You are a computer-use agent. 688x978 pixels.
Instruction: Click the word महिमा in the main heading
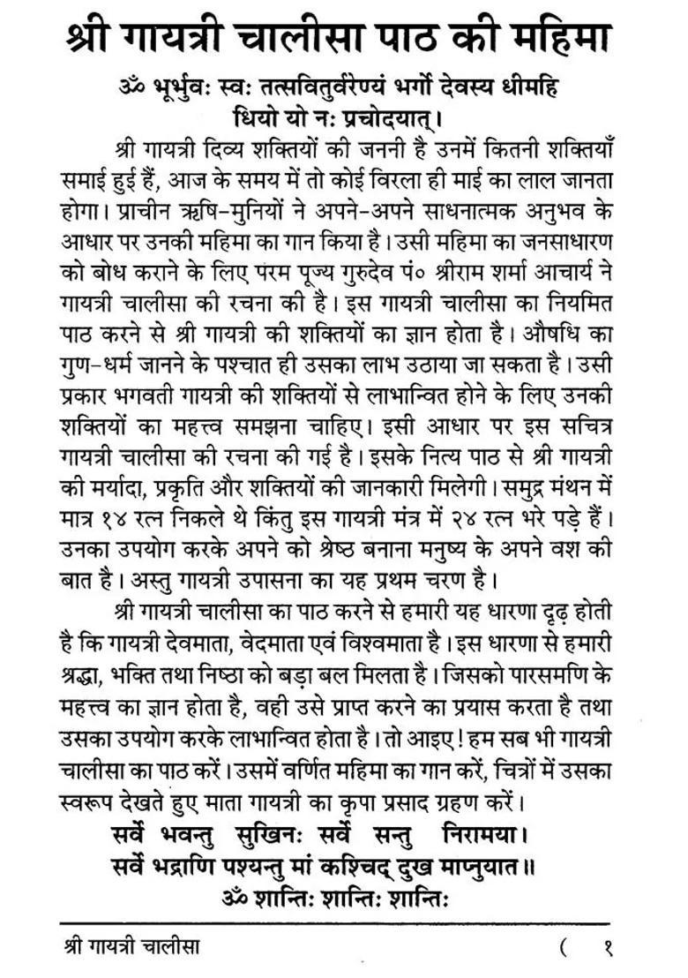(x=571, y=38)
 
